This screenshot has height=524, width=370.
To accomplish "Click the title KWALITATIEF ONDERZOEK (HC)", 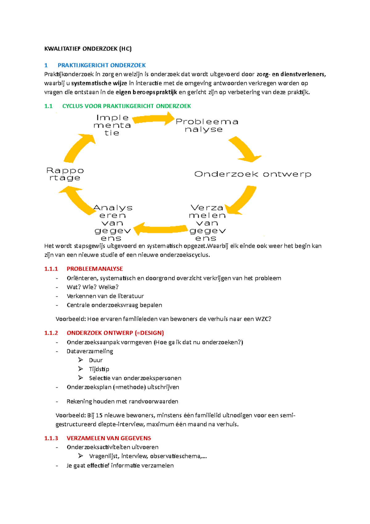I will pos(88,49).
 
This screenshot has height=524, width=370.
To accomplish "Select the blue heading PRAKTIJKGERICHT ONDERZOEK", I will pos(101,65).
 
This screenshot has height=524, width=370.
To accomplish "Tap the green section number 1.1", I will pos(48,106).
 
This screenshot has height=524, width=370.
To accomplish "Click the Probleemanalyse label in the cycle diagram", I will pos(207,126).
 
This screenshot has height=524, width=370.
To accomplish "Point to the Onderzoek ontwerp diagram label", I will pos(253,174).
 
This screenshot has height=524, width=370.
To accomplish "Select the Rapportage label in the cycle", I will pos(65,174).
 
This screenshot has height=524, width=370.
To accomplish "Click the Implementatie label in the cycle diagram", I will pos(112,125).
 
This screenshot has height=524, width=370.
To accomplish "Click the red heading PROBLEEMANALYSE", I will pos(95,269).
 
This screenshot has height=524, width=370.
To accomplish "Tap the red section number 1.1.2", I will pos(51,333).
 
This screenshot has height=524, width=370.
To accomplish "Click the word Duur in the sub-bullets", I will pos(96,360).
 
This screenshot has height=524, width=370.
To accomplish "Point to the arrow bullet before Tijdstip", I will pos(80,369).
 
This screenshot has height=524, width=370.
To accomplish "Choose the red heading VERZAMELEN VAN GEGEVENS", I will pos(109,438).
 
